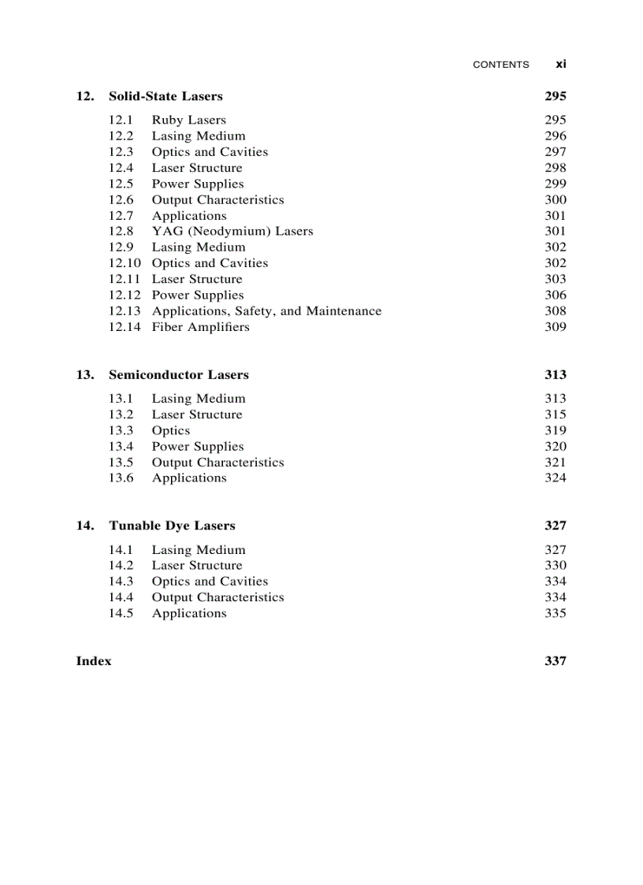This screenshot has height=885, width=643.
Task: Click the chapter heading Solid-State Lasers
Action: pyautogui.click(x=165, y=96)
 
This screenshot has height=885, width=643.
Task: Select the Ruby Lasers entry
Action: pyautogui.click(x=188, y=120)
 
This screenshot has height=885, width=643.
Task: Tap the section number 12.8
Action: pyautogui.click(x=121, y=231)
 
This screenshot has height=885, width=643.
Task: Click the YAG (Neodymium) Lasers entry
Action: pyautogui.click(x=232, y=231)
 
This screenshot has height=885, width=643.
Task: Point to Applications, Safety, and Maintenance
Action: pyautogui.click(x=266, y=310)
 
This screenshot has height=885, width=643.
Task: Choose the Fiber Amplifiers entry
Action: pyautogui.click(x=200, y=326)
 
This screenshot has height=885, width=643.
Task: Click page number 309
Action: pyautogui.click(x=555, y=326)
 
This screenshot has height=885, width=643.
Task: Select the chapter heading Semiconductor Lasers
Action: pyautogui.click(x=178, y=374)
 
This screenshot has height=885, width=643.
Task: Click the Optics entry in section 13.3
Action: pyautogui.click(x=171, y=430)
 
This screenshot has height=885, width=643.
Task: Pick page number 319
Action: pyautogui.click(x=555, y=430)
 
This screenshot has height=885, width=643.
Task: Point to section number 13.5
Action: pyautogui.click(x=121, y=462)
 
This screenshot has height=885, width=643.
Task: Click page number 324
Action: pyautogui.click(x=555, y=478)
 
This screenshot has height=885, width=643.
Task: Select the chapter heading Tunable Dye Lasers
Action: pyautogui.click(x=172, y=526)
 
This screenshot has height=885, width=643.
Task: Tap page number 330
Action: pyautogui.click(x=555, y=565)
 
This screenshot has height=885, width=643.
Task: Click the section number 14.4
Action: pyautogui.click(x=121, y=597)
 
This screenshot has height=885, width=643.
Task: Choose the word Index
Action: pyautogui.click(x=94, y=661)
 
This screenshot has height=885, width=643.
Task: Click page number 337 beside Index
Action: pyautogui.click(x=555, y=661)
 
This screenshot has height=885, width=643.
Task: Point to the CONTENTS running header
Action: pyautogui.click(x=500, y=65)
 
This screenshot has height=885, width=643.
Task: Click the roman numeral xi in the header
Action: pyautogui.click(x=560, y=64)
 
